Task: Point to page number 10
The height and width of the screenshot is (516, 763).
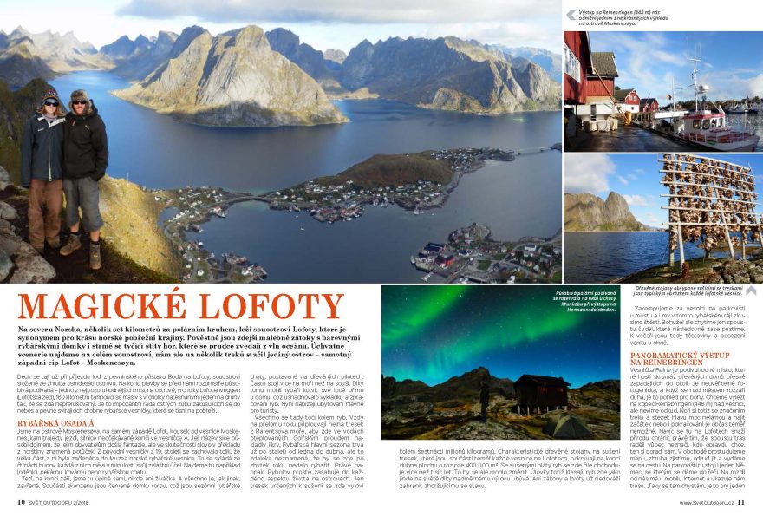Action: click(x=21, y=501)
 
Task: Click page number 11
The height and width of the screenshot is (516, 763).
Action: click(x=742, y=501)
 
